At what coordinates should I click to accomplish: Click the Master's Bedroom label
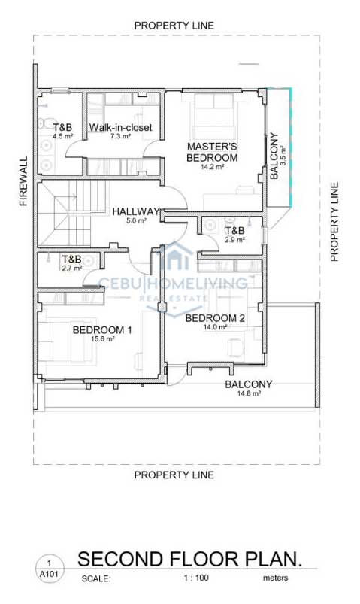click(212, 152)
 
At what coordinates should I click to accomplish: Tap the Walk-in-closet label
click(121, 128)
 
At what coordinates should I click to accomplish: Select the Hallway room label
click(136, 211)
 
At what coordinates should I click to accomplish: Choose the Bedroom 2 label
click(215, 318)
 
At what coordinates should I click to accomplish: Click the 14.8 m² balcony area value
click(249, 393)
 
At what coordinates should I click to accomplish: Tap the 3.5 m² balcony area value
click(283, 155)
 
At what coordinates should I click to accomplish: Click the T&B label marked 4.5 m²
click(63, 127)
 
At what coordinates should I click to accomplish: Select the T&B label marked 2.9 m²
click(235, 231)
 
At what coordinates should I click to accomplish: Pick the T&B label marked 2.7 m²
click(72, 260)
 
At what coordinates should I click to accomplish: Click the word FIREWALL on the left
click(24, 181)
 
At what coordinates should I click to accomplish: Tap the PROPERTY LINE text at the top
click(174, 26)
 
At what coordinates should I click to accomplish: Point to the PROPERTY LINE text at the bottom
click(174, 475)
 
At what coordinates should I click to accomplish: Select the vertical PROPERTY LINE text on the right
click(334, 222)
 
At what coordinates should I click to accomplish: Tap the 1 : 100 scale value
click(196, 578)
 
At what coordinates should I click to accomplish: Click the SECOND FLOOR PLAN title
click(190, 559)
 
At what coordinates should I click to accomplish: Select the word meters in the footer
click(275, 578)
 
